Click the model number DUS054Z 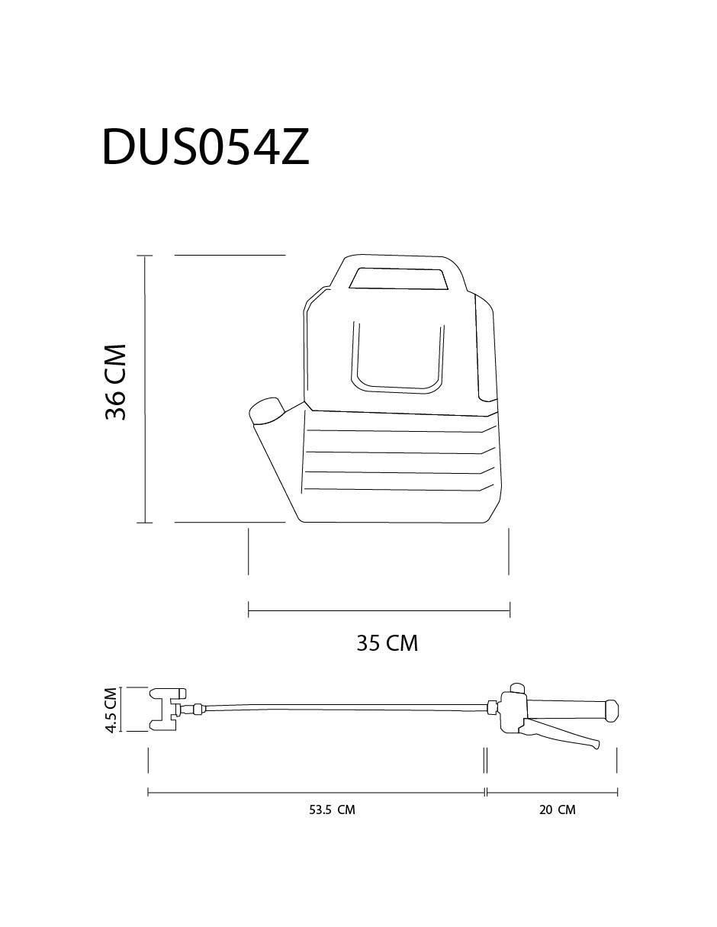point(205,146)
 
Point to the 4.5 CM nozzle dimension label point(111,710)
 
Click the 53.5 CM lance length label point(332,810)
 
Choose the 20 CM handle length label point(557,810)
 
